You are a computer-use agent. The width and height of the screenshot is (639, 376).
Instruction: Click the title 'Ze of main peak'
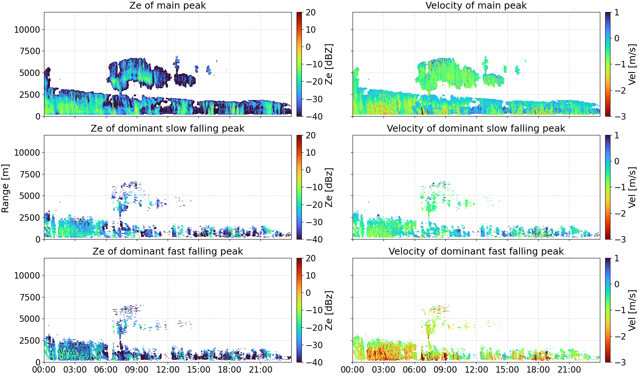(x=167, y=5)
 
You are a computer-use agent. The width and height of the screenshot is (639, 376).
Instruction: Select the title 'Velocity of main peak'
(x=476, y=5)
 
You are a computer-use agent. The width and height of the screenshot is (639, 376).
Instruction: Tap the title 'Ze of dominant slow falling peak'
(x=167, y=128)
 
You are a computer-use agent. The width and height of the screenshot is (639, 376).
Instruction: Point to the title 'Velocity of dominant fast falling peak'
(x=476, y=251)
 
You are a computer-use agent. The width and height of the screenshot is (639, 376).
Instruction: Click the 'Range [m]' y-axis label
(x=5, y=188)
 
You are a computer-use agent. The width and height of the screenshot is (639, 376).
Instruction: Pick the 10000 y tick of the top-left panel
(x=27, y=29)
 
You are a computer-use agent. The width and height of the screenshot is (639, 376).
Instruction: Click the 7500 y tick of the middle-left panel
(x=30, y=174)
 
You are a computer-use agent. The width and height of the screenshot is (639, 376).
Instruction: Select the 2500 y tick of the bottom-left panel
(x=30, y=341)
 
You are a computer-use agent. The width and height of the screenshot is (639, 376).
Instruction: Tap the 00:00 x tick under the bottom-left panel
(x=44, y=370)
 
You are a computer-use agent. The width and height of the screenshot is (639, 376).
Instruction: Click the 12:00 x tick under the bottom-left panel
(x=168, y=370)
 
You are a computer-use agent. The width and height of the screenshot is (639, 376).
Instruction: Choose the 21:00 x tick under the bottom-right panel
(x=569, y=370)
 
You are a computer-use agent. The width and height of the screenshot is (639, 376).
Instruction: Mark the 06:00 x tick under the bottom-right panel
(x=415, y=370)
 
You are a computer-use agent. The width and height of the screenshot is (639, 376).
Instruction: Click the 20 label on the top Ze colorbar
(x=310, y=12)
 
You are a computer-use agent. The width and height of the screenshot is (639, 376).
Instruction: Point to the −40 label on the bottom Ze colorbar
(x=314, y=362)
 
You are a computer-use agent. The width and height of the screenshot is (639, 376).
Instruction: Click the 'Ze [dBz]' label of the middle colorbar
(x=329, y=187)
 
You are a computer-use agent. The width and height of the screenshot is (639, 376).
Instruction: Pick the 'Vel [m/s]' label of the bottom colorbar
(x=633, y=310)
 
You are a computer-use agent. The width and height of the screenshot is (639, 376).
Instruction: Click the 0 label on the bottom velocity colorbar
(x=617, y=284)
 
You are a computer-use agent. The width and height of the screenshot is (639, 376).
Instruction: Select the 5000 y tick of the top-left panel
(x=30, y=73)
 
